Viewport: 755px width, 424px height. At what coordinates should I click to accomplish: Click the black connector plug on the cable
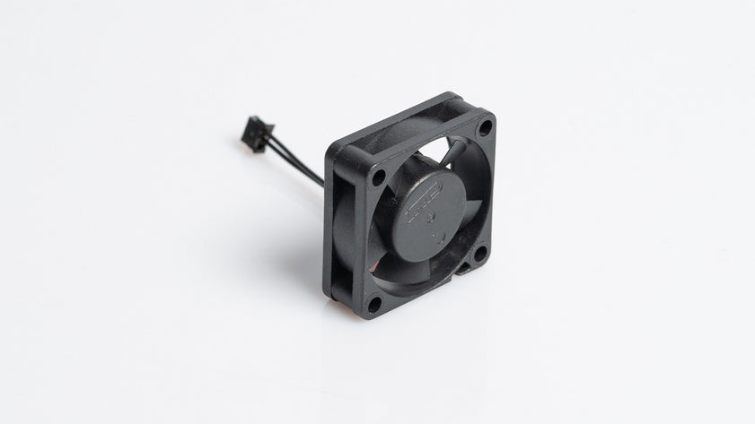[253, 135]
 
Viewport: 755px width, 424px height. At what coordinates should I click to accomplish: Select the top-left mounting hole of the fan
[378, 177]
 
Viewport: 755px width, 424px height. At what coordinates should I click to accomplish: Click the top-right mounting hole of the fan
[485, 127]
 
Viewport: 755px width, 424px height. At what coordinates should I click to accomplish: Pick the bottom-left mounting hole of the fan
[373, 303]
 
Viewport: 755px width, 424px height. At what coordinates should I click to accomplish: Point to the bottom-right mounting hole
[479, 254]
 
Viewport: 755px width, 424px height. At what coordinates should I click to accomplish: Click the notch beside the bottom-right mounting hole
[464, 266]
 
